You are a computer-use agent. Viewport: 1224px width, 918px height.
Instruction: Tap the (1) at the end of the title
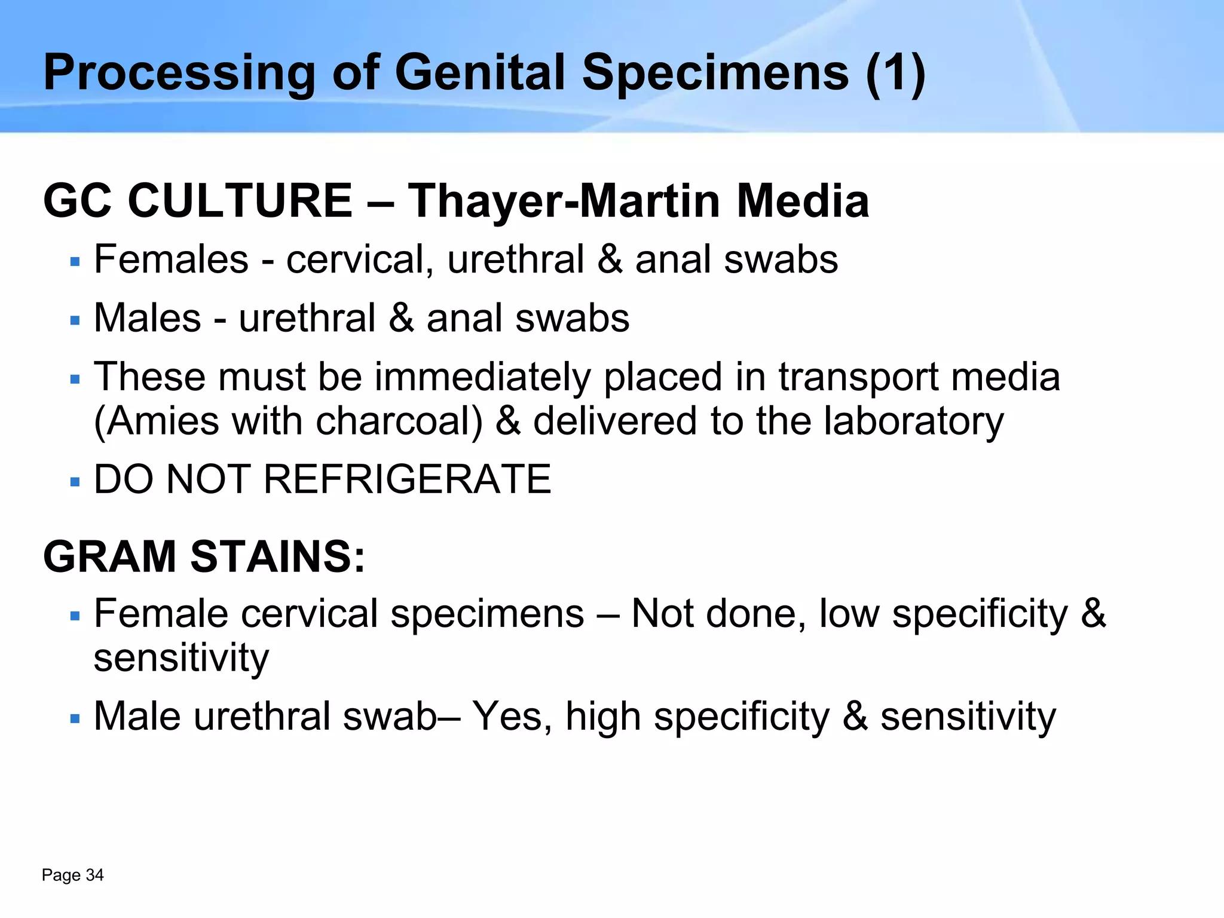click(895, 73)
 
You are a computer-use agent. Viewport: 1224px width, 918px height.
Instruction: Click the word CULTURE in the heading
click(240, 201)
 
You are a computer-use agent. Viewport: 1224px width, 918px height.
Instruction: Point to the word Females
click(171, 259)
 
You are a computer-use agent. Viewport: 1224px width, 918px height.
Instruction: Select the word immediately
click(482, 377)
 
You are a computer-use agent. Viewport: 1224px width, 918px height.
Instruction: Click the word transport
click(858, 377)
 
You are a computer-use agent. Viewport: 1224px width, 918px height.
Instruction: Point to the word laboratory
click(914, 421)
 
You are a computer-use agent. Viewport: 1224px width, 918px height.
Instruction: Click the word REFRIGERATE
click(406, 479)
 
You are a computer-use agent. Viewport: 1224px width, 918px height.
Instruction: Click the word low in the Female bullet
click(849, 613)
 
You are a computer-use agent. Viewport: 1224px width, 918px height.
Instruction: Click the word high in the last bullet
click(602, 716)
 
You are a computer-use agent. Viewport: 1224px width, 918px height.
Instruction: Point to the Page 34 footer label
click(73, 875)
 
